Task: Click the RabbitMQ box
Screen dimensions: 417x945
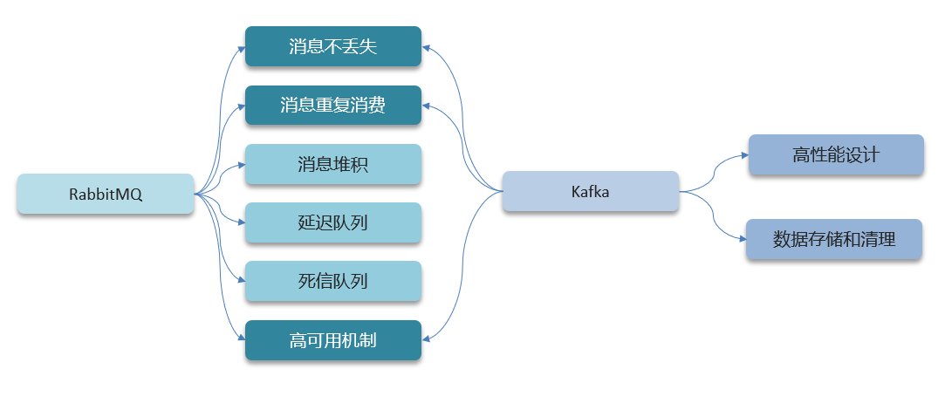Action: tap(106, 195)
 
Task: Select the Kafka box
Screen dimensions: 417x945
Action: tap(591, 192)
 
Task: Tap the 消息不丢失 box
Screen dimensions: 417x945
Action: tap(333, 46)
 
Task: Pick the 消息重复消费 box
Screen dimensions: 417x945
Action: tap(333, 106)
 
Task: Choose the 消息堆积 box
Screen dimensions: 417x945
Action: tap(333, 164)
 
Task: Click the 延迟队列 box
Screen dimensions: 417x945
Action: tap(333, 222)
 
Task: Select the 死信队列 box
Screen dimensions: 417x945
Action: tap(333, 281)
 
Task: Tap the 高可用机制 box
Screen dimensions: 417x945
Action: tap(333, 340)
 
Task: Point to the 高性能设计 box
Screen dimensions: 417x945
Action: tap(836, 155)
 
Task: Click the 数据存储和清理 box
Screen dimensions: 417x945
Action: tap(834, 239)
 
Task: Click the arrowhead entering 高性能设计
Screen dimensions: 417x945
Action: tap(744, 155)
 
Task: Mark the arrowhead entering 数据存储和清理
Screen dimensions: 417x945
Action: tap(742, 239)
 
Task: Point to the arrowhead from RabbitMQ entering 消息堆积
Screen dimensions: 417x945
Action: tap(242, 164)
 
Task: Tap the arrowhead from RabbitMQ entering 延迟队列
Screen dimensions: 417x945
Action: tap(242, 222)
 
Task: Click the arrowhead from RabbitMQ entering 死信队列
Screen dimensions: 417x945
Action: tap(242, 281)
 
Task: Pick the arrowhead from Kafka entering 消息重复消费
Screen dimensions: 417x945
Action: tap(426, 106)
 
